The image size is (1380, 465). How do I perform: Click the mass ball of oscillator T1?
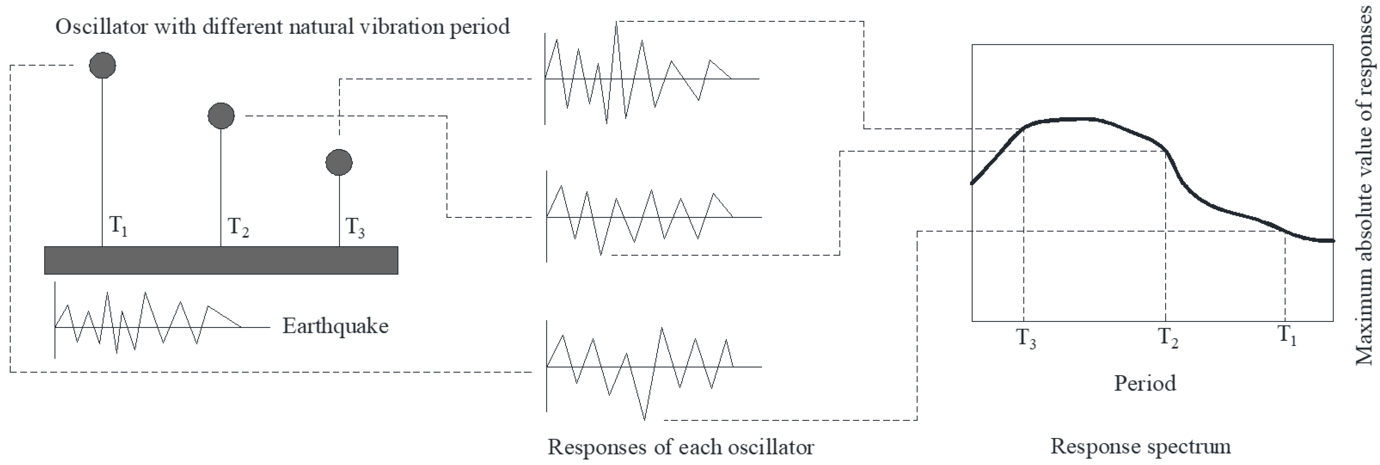tap(102, 65)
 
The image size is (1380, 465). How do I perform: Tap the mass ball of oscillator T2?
tap(221, 116)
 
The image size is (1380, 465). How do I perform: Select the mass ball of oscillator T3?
tap(339, 162)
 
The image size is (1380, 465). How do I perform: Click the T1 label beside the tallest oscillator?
tap(118, 226)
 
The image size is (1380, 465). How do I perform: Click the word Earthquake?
tap(335, 326)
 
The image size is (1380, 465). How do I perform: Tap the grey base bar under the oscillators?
tap(221, 260)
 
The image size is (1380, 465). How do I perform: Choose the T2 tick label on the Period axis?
tap(1168, 338)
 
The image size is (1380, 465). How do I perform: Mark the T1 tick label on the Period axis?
tap(1287, 335)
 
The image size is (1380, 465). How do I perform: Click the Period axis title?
tap(1145, 383)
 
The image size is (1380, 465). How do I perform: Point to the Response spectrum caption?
tap(1140, 446)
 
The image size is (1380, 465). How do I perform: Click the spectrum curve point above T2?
tap(1166, 152)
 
